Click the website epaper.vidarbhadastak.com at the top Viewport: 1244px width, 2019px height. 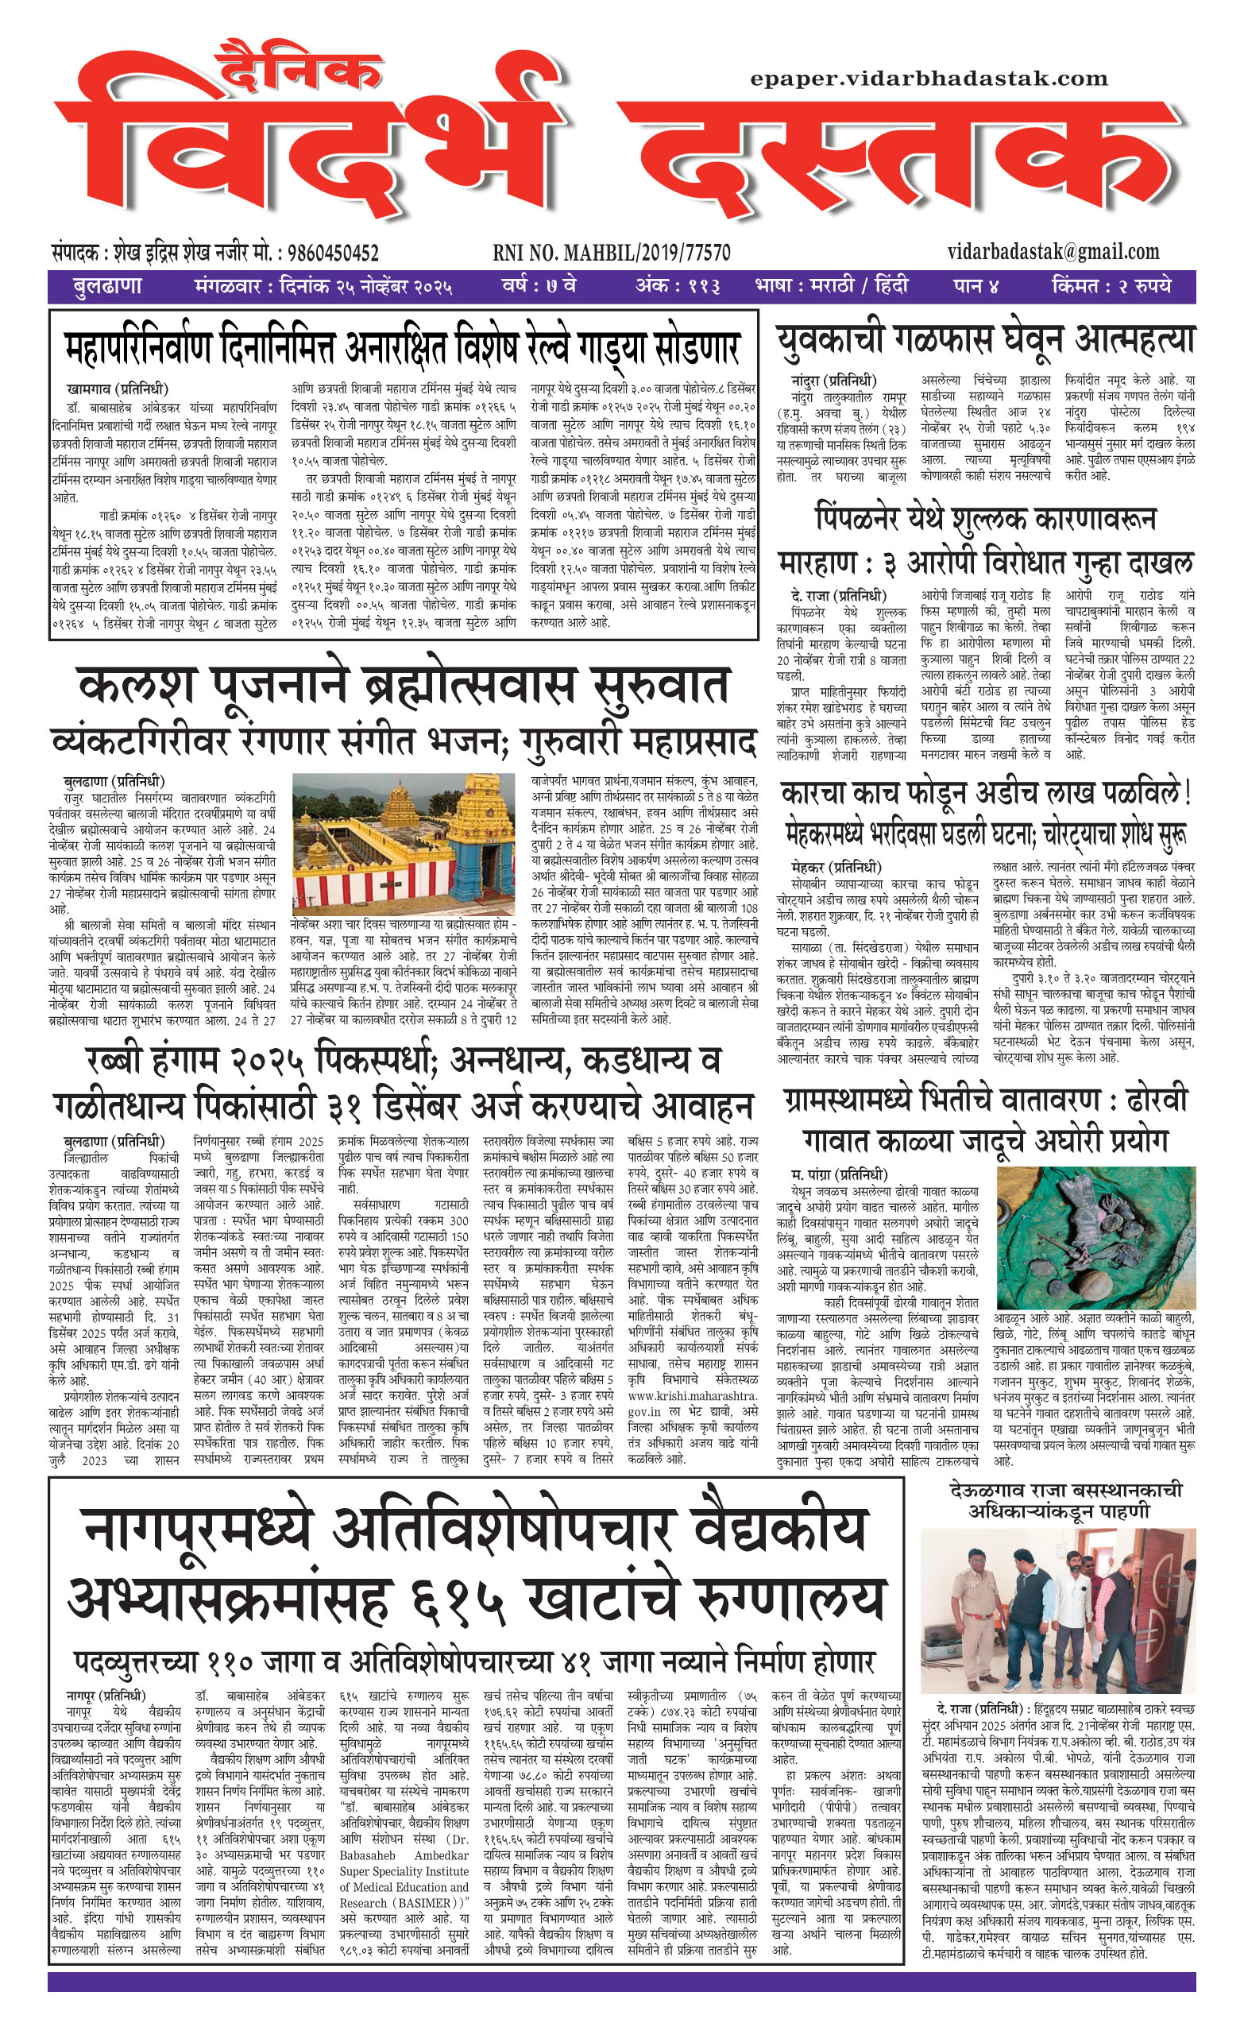pos(929,79)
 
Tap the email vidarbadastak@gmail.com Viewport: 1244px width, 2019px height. pos(1053,252)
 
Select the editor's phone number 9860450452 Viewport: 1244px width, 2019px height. pos(328,253)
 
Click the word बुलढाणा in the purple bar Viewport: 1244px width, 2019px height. pos(107,286)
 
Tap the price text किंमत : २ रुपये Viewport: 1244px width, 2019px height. pos(1111,286)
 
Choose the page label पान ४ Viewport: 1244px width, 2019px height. pos(975,286)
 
